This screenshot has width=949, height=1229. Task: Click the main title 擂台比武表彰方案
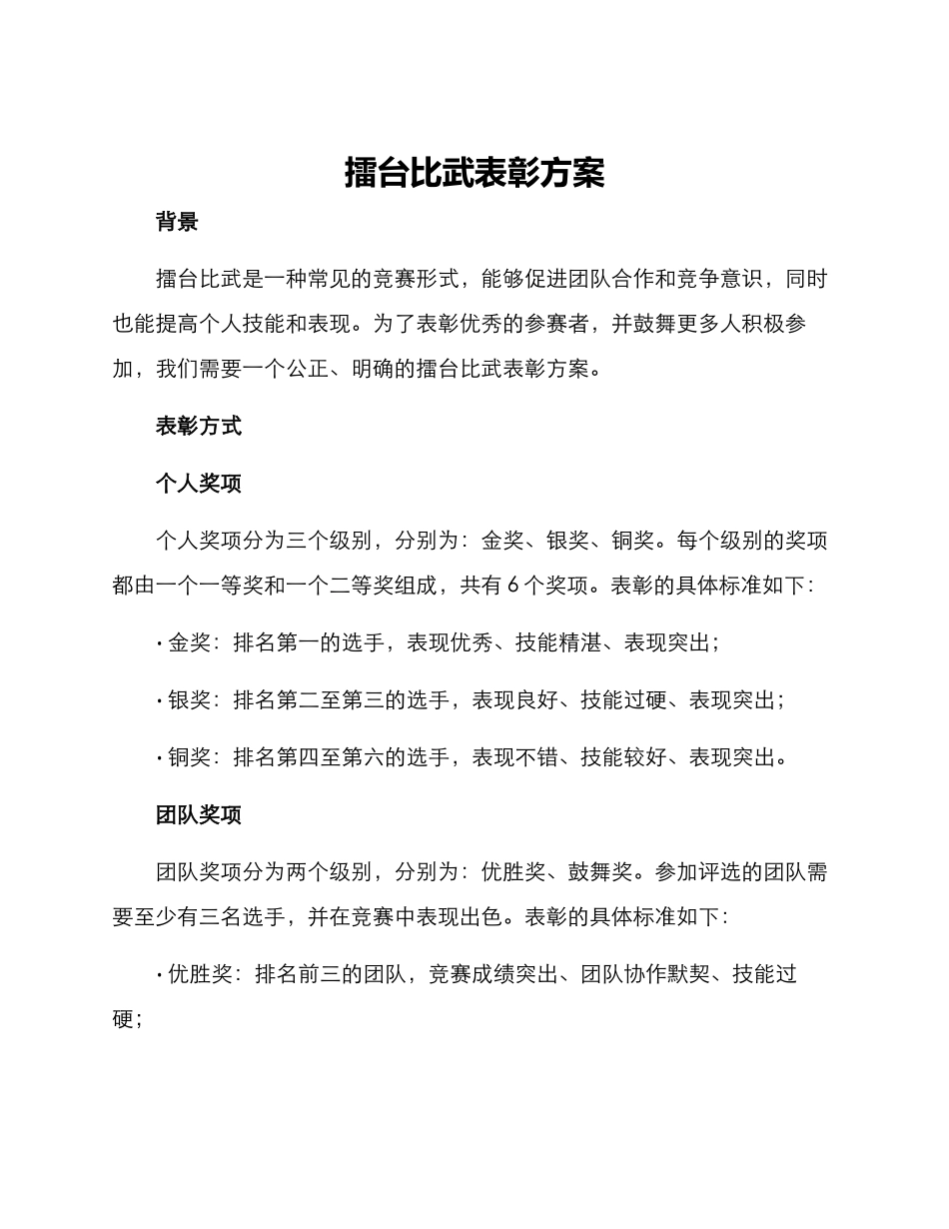point(474,173)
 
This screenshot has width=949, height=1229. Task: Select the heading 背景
point(177,222)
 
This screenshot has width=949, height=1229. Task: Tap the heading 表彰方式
point(198,426)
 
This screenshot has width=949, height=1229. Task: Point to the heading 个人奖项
point(198,484)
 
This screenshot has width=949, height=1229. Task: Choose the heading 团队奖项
point(198,815)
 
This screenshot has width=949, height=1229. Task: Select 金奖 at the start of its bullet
point(190,643)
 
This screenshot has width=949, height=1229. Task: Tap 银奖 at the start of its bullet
point(190,700)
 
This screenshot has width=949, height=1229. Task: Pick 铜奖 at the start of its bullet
point(190,757)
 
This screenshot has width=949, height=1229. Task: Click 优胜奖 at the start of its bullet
point(200,974)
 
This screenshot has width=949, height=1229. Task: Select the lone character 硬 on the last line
point(124,1019)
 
